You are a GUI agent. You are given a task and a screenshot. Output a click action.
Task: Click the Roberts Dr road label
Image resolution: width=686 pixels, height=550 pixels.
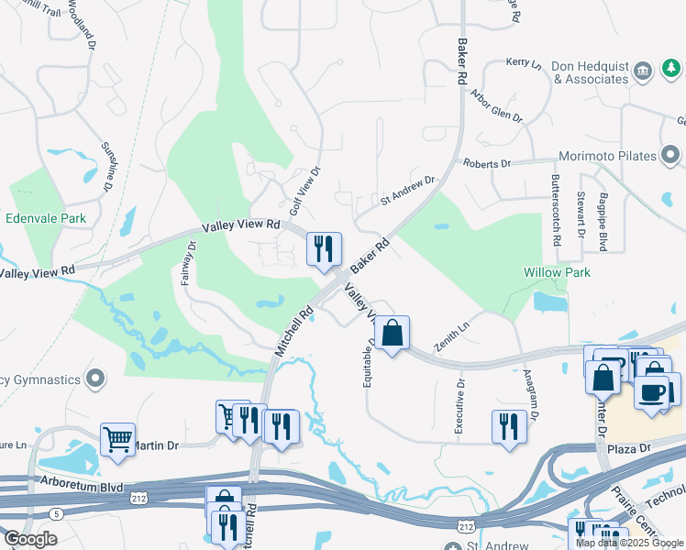tap(486, 163)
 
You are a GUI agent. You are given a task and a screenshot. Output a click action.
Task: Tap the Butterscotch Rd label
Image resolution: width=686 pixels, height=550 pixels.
tap(556, 210)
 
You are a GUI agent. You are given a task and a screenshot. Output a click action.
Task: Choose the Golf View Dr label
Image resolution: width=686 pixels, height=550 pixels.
tap(304, 192)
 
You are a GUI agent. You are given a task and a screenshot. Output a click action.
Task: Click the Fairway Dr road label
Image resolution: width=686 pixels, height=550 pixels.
tap(188, 264)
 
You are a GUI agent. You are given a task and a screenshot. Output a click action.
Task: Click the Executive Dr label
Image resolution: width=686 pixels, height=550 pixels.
tap(460, 402)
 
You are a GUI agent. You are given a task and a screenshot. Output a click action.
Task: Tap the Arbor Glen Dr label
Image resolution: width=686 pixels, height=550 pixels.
tap(495, 106)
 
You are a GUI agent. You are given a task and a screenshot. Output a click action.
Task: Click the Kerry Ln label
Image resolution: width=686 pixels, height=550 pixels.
tap(524, 62)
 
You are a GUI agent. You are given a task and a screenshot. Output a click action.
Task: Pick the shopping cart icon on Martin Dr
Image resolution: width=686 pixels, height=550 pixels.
tap(117, 440)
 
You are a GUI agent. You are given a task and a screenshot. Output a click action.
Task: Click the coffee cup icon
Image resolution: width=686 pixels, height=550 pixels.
tap(652, 392)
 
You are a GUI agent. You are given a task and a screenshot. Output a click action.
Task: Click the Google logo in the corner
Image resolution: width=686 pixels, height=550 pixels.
tap(30, 539)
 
